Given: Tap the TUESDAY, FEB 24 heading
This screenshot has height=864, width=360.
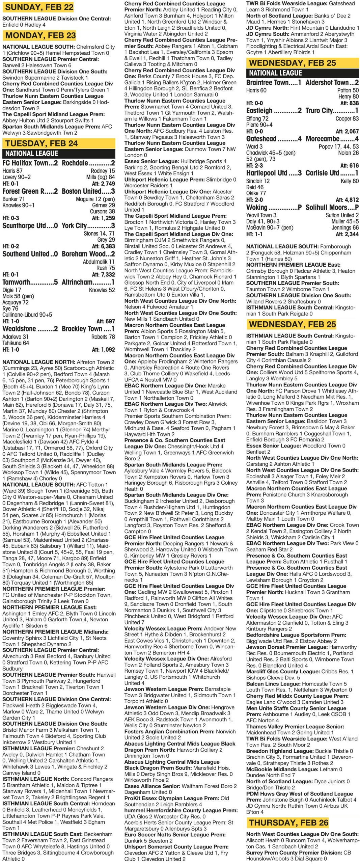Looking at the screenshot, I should [x=41, y=143].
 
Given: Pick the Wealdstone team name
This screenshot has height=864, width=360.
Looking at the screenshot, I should [x=19, y=329].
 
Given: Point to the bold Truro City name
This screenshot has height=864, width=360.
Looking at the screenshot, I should [x=324, y=111].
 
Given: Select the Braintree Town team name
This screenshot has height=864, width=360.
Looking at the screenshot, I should [x=267, y=83].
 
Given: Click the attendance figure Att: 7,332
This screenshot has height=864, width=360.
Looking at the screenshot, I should [x=103, y=275].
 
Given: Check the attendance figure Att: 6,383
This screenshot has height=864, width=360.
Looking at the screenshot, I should [x=103, y=246].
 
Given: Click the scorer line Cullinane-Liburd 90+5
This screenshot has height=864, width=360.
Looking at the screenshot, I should [x=27, y=315].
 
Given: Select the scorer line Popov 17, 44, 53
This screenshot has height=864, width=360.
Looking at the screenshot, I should [x=338, y=146].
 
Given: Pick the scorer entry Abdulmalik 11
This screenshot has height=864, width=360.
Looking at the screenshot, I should [x=99, y=262].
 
